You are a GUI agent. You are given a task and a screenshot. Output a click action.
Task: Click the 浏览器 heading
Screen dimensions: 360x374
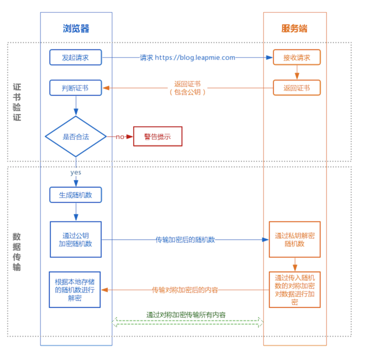(76, 28)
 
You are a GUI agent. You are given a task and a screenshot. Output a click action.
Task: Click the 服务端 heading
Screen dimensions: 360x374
(294, 28)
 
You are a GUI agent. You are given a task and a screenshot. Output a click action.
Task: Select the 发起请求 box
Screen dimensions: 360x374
(75, 57)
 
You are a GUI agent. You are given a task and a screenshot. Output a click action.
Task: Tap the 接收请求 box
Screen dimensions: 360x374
(297, 57)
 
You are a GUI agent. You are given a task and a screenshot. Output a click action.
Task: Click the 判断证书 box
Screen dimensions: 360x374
(75, 88)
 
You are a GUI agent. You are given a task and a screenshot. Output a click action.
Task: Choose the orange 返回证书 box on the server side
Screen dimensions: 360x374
(297, 88)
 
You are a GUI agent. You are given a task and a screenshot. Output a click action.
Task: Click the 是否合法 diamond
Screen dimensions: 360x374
(76, 137)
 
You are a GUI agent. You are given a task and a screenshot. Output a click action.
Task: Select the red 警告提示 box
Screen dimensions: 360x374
(158, 137)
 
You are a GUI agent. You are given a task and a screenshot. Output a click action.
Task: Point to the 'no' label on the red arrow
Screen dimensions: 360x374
(120, 137)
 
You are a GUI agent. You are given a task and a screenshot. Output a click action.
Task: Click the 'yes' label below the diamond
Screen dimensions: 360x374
(76, 172)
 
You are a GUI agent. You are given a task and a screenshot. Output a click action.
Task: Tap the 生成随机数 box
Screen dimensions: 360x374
(75, 195)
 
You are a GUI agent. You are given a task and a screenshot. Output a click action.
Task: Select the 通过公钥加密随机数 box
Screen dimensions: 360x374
(76, 239)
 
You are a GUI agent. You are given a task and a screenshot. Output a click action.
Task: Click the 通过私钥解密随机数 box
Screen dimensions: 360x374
(295, 239)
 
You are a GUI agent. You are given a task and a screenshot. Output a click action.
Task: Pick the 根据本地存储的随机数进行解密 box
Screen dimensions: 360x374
(75, 290)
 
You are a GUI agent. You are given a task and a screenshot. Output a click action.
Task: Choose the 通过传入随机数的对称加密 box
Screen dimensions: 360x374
(295, 290)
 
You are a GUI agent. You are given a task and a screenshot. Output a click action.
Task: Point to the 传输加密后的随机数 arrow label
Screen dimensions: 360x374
(185, 240)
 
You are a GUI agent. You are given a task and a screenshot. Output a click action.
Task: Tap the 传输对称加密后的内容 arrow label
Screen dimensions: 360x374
(185, 290)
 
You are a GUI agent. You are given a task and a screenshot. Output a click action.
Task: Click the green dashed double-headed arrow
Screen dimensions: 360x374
(187, 322)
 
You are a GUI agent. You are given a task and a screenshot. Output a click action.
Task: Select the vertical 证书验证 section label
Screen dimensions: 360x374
(17, 102)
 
